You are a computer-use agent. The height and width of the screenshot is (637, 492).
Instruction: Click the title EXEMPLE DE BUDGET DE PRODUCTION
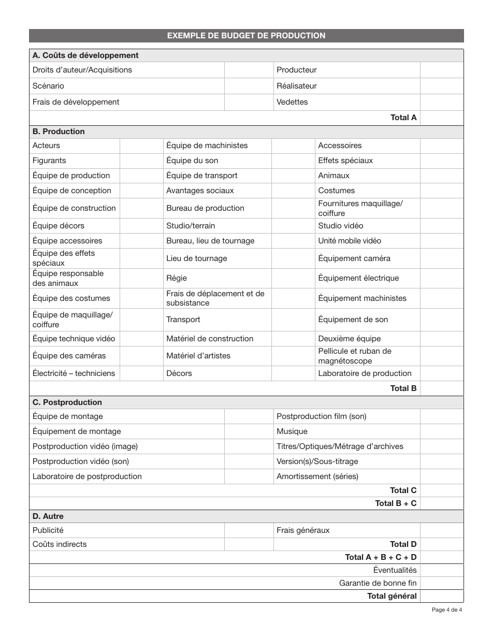click(x=246, y=36)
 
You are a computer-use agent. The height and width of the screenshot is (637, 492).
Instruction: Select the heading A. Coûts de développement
click(x=85, y=55)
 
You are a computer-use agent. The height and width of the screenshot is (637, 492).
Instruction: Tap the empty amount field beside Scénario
click(x=249, y=86)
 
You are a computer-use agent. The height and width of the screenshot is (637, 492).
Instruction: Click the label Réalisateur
click(x=297, y=86)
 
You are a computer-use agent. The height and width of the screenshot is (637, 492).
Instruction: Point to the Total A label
click(x=403, y=118)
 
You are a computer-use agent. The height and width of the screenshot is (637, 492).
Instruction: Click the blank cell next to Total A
click(x=441, y=118)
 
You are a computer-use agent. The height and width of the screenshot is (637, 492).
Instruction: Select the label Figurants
click(x=49, y=161)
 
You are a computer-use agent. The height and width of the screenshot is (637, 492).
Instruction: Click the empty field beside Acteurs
click(x=141, y=146)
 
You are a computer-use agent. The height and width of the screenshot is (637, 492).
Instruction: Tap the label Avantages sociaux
click(x=200, y=191)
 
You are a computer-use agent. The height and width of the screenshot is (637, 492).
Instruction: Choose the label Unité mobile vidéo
click(x=350, y=241)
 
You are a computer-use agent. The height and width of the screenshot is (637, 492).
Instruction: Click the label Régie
click(x=177, y=278)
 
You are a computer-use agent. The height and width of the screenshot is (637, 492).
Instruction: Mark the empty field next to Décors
click(x=293, y=373)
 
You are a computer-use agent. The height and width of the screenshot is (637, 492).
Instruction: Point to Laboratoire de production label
click(x=365, y=373)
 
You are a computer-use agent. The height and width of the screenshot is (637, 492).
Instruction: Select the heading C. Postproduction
click(x=67, y=402)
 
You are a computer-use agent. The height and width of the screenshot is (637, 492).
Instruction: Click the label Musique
click(x=292, y=431)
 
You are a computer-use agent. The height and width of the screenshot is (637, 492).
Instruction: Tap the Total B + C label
click(x=396, y=503)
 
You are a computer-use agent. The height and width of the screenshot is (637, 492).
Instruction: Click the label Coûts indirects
click(x=60, y=544)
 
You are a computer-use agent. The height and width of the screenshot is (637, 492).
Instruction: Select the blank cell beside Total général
click(x=441, y=596)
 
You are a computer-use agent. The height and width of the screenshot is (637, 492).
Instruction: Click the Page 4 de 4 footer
click(x=446, y=610)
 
